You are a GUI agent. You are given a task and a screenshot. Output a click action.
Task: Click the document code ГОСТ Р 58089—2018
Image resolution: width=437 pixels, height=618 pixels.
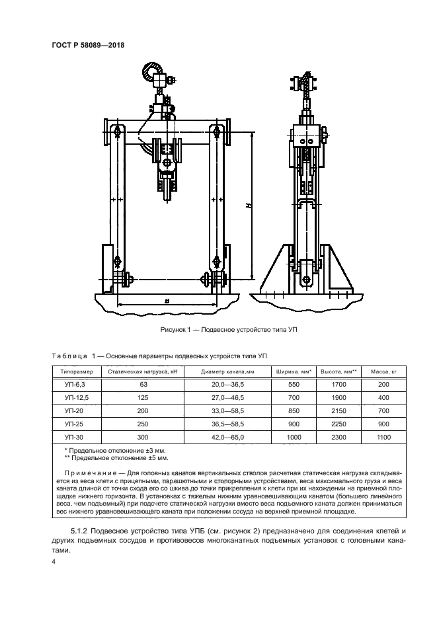click(88, 45)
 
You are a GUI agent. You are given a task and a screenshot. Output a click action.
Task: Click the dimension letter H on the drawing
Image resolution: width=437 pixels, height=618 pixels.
click(245, 206)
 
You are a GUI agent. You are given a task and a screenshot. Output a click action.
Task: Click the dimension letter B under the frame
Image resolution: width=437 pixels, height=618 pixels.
click(168, 301)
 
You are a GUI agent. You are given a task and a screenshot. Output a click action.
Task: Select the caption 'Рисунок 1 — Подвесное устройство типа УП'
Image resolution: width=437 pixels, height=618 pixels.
click(218, 329)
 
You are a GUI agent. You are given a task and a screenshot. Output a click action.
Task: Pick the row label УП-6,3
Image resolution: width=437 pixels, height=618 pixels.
click(75, 384)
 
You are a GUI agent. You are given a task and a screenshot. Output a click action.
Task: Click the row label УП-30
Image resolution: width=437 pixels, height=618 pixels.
click(75, 438)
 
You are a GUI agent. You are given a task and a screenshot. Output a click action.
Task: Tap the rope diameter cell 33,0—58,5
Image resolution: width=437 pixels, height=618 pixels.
click(227, 410)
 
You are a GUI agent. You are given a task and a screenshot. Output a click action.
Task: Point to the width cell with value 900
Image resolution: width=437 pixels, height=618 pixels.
click(292, 424)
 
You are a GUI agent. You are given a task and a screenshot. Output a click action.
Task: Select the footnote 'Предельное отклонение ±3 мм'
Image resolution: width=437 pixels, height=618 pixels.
click(106, 450)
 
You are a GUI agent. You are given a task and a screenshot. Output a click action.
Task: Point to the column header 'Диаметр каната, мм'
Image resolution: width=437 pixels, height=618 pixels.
click(227, 371)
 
